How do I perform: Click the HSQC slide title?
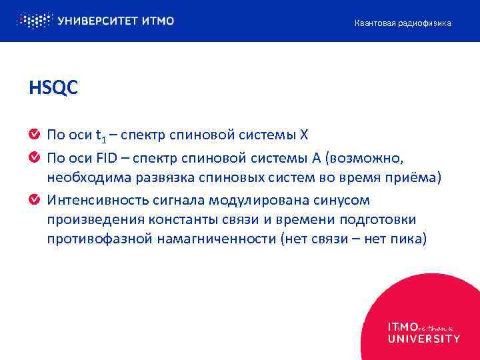pos(53,87)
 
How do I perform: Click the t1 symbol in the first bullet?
pos(101,137)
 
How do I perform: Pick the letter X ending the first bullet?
pos(304,135)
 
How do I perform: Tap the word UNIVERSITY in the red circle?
pos(423,339)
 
